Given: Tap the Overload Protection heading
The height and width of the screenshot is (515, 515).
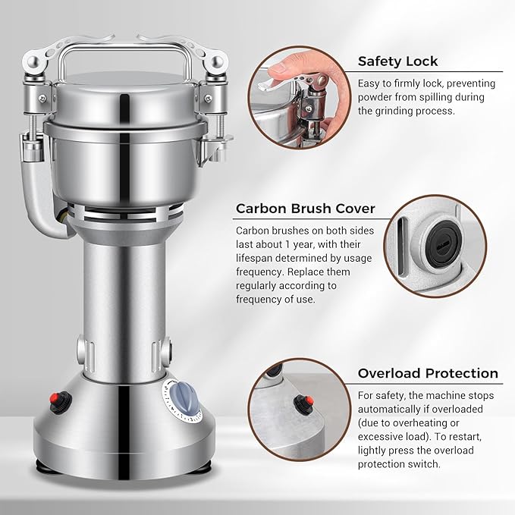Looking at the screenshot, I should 428,373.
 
